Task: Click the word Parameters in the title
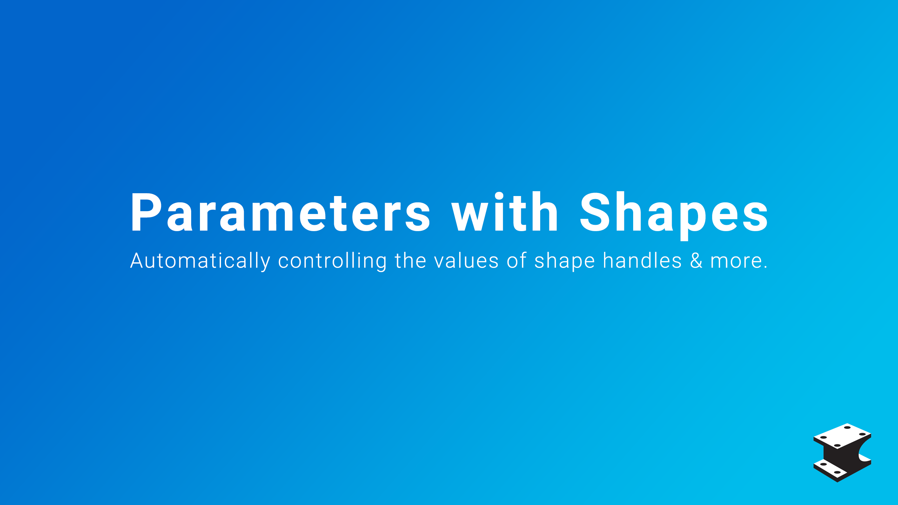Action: [x=280, y=213]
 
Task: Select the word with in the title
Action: [x=504, y=212]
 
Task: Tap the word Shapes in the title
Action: [x=674, y=215]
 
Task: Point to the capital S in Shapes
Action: [x=596, y=212]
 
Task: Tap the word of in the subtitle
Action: [x=516, y=261]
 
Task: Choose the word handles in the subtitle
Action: [x=642, y=261]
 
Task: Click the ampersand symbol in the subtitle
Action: [x=696, y=261]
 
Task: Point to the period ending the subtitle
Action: [x=765, y=268]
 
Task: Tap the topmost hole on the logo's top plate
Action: [x=847, y=427]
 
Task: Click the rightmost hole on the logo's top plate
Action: [x=863, y=434]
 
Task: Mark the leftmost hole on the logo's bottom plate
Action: [x=824, y=464]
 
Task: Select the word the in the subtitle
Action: [x=410, y=261]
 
